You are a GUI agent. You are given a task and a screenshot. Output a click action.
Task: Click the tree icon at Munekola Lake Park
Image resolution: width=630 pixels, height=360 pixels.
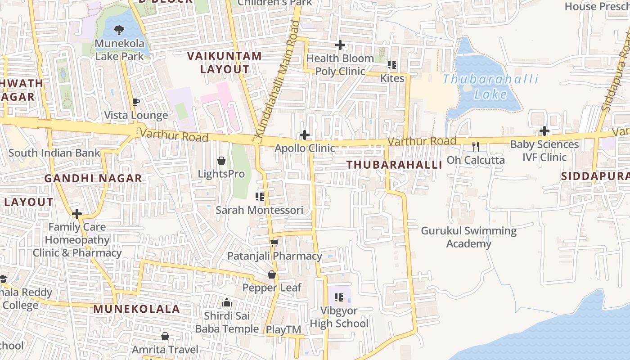(119, 31)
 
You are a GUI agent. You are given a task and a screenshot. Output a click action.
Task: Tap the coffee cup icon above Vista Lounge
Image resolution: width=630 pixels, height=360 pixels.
(136, 102)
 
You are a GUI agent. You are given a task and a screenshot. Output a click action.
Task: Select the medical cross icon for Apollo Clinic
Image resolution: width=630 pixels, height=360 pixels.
(305, 135)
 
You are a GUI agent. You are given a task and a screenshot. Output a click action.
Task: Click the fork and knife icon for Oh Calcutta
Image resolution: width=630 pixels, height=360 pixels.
(475, 146)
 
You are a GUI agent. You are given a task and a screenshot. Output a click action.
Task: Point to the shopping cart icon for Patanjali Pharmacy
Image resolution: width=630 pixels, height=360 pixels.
(274, 243)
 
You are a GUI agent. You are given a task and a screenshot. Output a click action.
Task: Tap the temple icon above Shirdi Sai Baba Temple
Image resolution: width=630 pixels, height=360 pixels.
(227, 302)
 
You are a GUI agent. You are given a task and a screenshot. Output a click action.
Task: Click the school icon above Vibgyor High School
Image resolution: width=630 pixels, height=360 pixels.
(339, 297)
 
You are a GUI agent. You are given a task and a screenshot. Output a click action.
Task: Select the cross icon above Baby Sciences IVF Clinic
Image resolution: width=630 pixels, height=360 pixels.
(544, 131)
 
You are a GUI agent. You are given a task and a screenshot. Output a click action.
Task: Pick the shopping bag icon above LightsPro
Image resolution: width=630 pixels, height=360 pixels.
(221, 161)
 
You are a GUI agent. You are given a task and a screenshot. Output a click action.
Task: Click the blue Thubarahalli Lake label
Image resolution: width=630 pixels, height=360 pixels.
(490, 87)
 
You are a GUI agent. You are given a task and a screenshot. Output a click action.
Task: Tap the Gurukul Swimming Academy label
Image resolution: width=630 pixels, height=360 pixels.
(468, 237)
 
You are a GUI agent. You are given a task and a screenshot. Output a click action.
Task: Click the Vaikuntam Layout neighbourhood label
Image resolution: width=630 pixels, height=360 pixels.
(224, 63)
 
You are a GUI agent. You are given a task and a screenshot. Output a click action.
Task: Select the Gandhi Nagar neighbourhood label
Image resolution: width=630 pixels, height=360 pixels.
(93, 179)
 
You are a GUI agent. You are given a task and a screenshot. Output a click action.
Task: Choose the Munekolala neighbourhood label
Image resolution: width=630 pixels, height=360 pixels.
(137, 309)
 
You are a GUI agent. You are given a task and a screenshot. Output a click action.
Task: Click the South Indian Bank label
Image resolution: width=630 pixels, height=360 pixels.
(54, 153)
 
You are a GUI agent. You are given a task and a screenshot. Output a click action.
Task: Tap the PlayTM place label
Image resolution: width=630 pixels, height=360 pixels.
(283, 330)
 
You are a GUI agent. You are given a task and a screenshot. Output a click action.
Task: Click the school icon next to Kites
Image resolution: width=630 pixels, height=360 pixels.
(392, 65)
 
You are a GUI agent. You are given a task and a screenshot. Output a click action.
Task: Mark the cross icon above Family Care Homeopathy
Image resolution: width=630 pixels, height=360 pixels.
(77, 213)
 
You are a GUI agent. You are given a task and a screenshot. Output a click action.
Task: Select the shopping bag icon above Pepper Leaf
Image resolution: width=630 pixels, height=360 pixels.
(272, 274)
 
